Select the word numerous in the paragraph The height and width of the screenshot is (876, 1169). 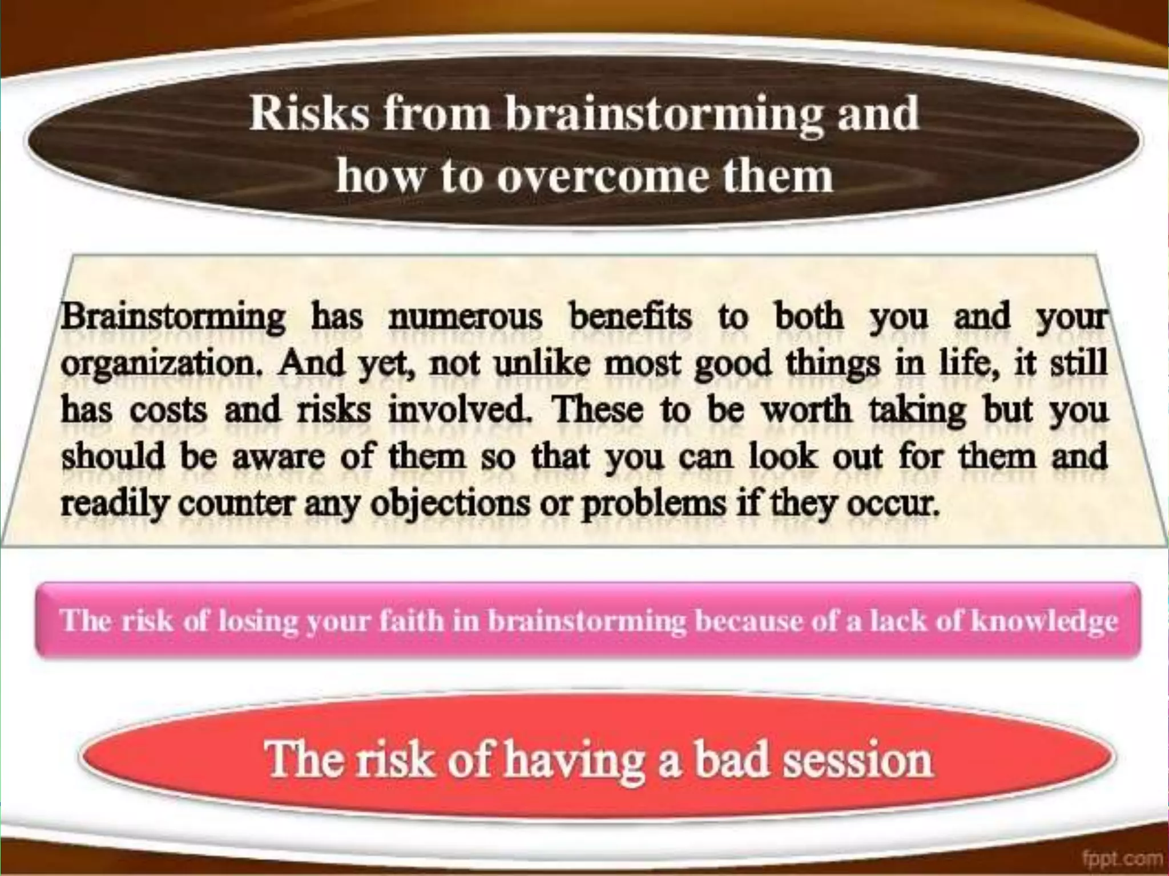(x=465, y=317)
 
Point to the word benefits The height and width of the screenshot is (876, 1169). (x=631, y=317)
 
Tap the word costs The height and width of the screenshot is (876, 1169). (x=168, y=411)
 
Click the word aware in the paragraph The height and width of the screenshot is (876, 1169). (x=278, y=457)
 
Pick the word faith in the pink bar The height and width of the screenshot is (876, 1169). (x=411, y=620)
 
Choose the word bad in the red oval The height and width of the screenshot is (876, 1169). (x=731, y=759)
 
